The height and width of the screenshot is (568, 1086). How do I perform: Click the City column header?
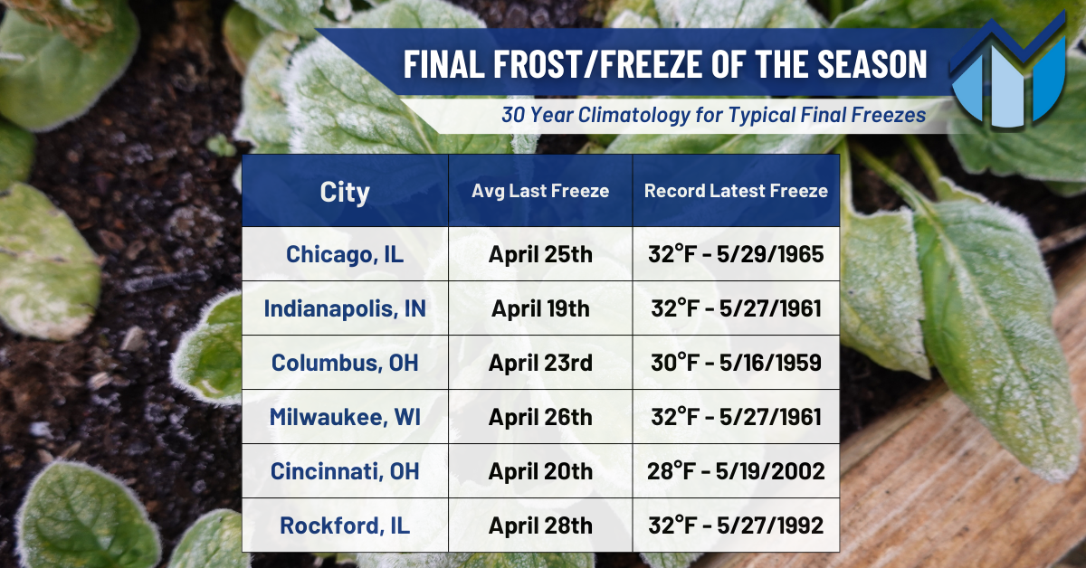pyautogui.click(x=345, y=193)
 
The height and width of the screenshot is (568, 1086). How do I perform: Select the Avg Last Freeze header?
pyautogui.click(x=540, y=191)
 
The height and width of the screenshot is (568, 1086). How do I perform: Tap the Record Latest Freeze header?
pyautogui.click(x=736, y=191)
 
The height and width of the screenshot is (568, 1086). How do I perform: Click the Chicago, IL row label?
pyautogui.click(x=345, y=255)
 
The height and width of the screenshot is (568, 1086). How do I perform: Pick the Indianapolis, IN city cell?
pyautogui.click(x=345, y=309)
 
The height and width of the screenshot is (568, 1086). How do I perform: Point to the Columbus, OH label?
pyautogui.click(x=345, y=363)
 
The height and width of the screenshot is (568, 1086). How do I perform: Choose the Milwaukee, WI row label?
pyautogui.click(x=345, y=417)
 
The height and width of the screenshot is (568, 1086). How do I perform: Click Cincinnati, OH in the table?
pyautogui.click(x=345, y=471)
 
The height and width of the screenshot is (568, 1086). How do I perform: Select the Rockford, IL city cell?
pyautogui.click(x=345, y=525)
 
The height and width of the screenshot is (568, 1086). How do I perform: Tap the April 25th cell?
pyautogui.click(x=540, y=255)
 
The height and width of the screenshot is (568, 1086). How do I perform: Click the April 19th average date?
pyautogui.click(x=540, y=309)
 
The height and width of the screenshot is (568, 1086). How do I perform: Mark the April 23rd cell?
pyautogui.click(x=540, y=363)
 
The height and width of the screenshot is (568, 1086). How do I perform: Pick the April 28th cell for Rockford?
pyautogui.click(x=540, y=525)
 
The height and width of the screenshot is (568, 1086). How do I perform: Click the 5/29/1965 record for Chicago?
pyautogui.click(x=770, y=254)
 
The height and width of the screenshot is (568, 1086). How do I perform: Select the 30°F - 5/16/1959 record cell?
pyautogui.click(x=736, y=363)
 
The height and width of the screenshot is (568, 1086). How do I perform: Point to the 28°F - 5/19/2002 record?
pyautogui.click(x=736, y=471)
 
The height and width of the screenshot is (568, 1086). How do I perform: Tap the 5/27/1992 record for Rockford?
pyautogui.click(x=770, y=525)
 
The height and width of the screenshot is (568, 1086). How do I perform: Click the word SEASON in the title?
pyautogui.click(x=872, y=64)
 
